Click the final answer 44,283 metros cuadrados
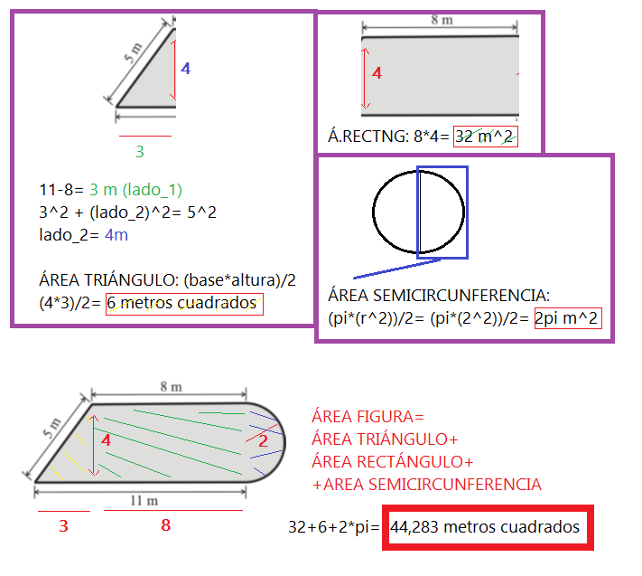(485, 527)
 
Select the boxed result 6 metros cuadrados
(184, 304)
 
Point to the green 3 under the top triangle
(140, 152)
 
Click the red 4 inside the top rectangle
(377, 73)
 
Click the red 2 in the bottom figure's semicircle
(263, 441)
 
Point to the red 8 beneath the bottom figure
(165, 524)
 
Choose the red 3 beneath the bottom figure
(63, 524)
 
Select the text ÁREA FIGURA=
(367, 417)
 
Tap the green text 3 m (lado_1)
(136, 190)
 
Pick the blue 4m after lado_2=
(116, 235)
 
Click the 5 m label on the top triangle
(133, 63)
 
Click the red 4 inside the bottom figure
(106, 440)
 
